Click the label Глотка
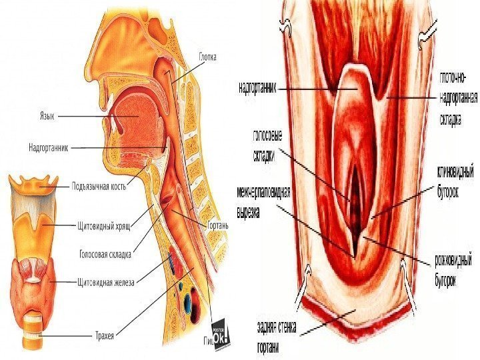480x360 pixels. pos(208,57)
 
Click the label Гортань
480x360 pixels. pos(219,225)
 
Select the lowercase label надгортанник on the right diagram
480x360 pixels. pos(257,87)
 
